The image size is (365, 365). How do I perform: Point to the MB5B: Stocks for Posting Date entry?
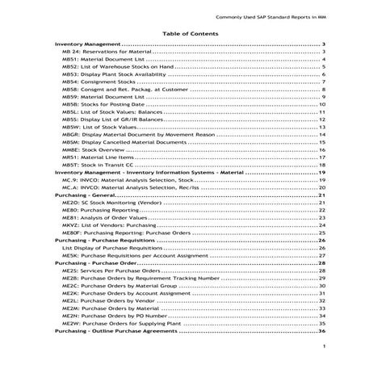click(x=100, y=103)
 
